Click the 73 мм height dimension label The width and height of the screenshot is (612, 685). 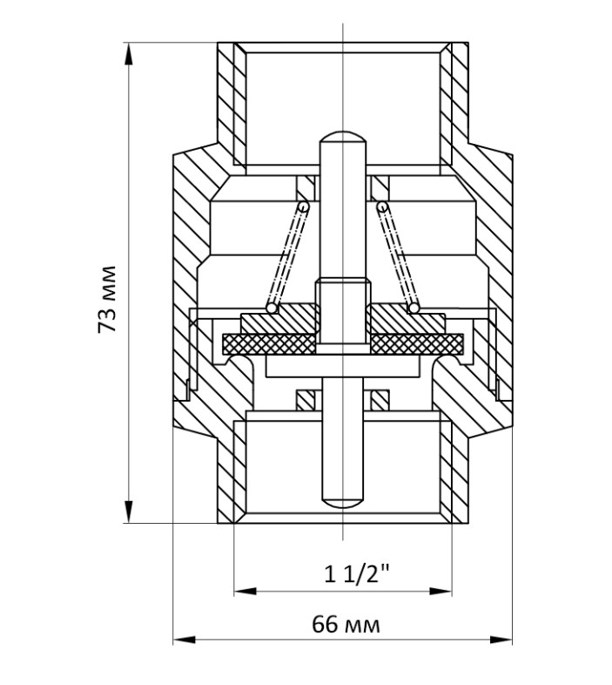(107, 299)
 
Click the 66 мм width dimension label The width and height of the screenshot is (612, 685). (346, 625)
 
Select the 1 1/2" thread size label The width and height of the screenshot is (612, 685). (356, 574)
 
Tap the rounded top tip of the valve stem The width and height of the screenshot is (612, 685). (343, 136)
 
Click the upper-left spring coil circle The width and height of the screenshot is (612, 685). (303, 206)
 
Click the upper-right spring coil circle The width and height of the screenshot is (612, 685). (382, 206)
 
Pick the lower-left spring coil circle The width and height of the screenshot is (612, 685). (272, 309)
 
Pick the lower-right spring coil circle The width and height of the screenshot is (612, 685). (414, 309)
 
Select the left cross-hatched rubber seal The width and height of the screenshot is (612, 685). (268, 344)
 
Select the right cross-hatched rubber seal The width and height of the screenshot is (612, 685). (417, 344)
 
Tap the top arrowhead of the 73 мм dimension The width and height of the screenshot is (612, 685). (128, 54)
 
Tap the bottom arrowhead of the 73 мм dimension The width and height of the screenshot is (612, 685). (128, 511)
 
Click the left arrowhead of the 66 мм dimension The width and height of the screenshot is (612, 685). (185, 640)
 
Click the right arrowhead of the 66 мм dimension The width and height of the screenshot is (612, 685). (501, 640)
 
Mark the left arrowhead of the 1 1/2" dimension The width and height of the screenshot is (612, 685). (245, 591)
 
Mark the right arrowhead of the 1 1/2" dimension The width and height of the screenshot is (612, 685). (441, 591)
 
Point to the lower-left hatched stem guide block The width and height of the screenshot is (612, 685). (306, 400)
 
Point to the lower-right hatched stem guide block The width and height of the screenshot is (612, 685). (380, 400)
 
